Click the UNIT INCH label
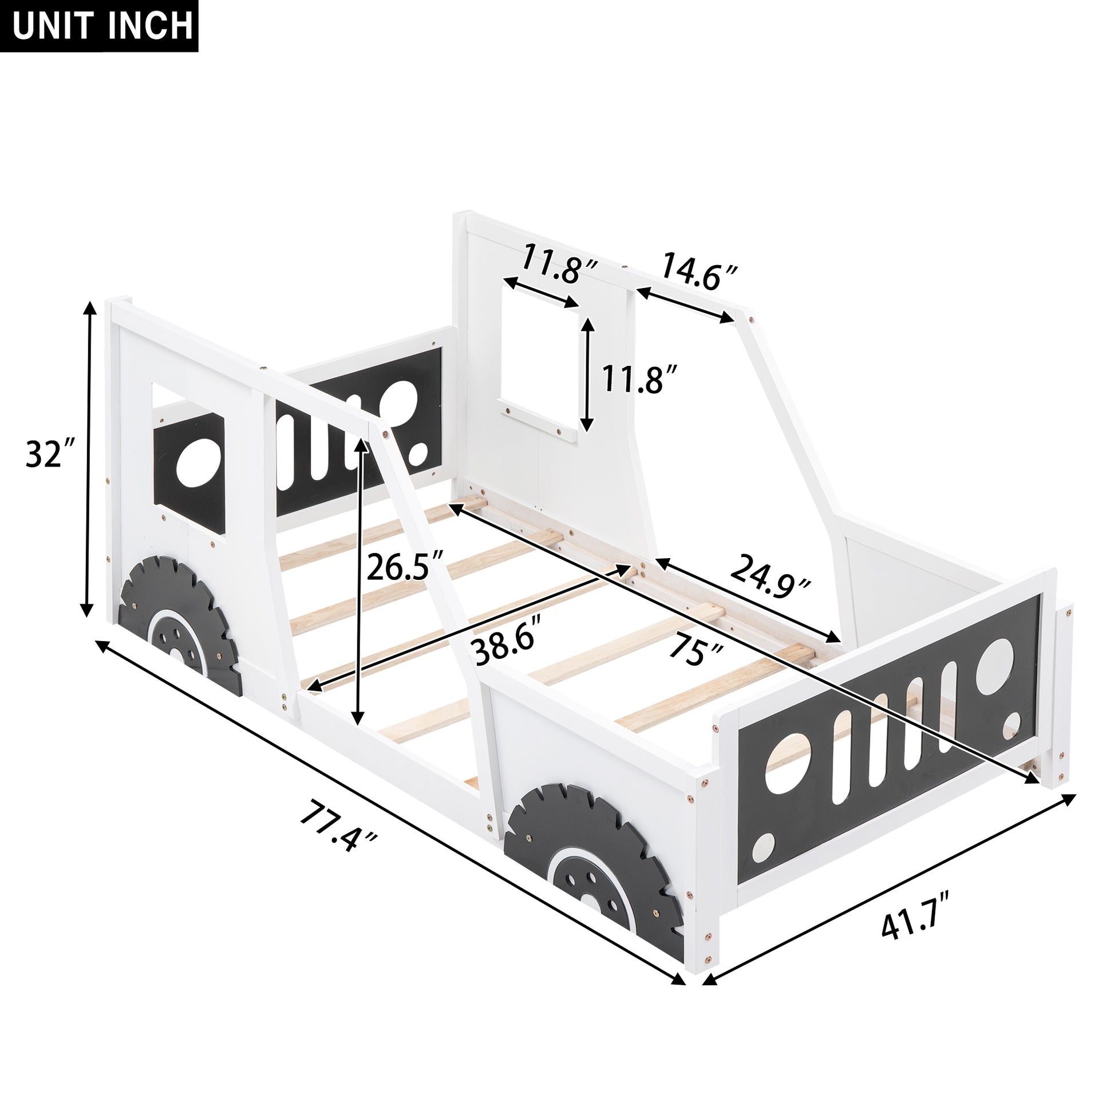coord(99,26)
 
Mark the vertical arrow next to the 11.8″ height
coord(587,373)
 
